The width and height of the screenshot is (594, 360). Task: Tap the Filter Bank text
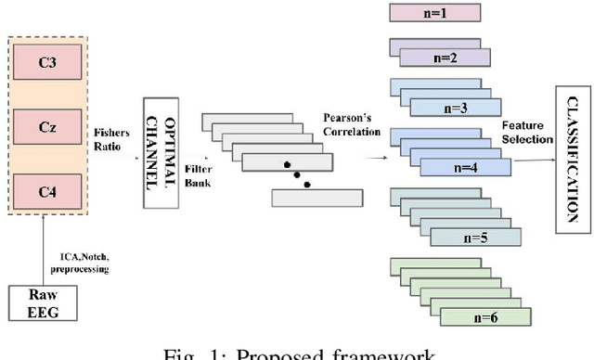tap(198, 177)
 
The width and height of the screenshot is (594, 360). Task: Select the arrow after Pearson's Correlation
tap(377, 158)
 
